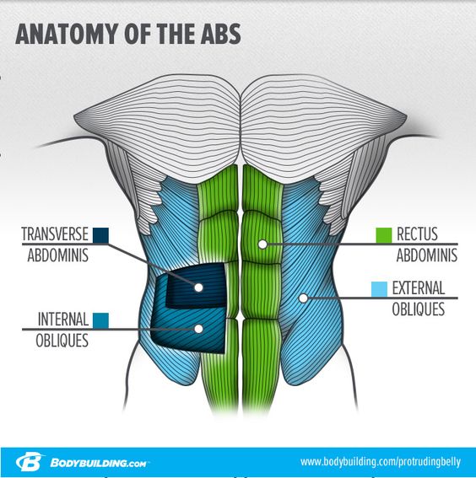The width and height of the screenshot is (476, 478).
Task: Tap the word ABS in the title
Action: pyautogui.click(x=220, y=34)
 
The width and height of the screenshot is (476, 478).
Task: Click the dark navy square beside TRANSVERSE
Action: pyautogui.click(x=100, y=235)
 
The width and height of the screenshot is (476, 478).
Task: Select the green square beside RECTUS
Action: pyautogui.click(x=383, y=235)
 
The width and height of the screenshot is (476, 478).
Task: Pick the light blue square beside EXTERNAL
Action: pyautogui.click(x=379, y=289)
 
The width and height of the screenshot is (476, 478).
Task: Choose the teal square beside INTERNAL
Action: pyautogui.click(x=100, y=320)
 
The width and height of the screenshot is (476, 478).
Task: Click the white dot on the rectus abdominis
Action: pyautogui.click(x=262, y=244)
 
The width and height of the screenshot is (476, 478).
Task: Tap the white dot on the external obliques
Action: pyautogui.click(x=303, y=298)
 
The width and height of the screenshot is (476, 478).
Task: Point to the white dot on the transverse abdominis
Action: pyautogui.click(x=198, y=287)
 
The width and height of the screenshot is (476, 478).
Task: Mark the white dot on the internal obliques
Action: pyautogui.click(x=198, y=329)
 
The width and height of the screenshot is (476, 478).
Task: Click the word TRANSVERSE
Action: pyautogui.click(x=55, y=234)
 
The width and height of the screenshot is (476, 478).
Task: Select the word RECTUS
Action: pyautogui.click(x=417, y=234)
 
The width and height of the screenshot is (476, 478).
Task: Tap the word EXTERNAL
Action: pyautogui.click(x=419, y=288)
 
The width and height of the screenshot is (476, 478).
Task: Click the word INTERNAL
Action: pyautogui.click(x=63, y=320)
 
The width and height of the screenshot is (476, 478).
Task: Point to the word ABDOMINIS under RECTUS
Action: pyautogui.click(x=426, y=255)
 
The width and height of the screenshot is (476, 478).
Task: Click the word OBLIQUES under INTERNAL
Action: pyautogui.click(x=62, y=341)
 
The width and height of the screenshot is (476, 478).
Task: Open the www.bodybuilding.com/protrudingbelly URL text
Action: pyautogui.click(x=381, y=462)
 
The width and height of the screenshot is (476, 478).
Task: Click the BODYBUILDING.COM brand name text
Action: pyautogui.click(x=98, y=463)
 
